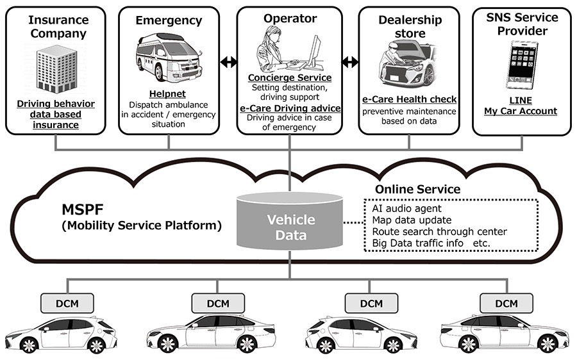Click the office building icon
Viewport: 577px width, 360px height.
click(x=56, y=69)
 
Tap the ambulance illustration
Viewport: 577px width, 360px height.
click(x=169, y=57)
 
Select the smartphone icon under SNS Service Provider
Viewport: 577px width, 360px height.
click(x=521, y=65)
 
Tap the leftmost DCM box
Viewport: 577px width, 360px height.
click(x=67, y=304)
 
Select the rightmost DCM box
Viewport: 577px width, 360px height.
click(x=506, y=304)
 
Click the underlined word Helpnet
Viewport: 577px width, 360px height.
click(x=167, y=94)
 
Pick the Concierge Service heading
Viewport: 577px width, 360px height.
click(x=290, y=78)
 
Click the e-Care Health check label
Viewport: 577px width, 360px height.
click(x=409, y=99)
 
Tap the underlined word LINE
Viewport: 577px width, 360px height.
click(x=521, y=101)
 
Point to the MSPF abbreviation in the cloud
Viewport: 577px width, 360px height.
click(x=83, y=209)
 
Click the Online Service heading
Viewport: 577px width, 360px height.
click(x=417, y=189)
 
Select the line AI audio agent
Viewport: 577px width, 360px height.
click(x=406, y=208)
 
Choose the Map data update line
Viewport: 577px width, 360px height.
click(x=412, y=220)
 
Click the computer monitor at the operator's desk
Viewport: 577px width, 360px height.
click(x=315, y=53)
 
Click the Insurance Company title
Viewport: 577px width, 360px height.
click(x=58, y=26)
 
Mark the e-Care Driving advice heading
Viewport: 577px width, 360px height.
click(x=290, y=108)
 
